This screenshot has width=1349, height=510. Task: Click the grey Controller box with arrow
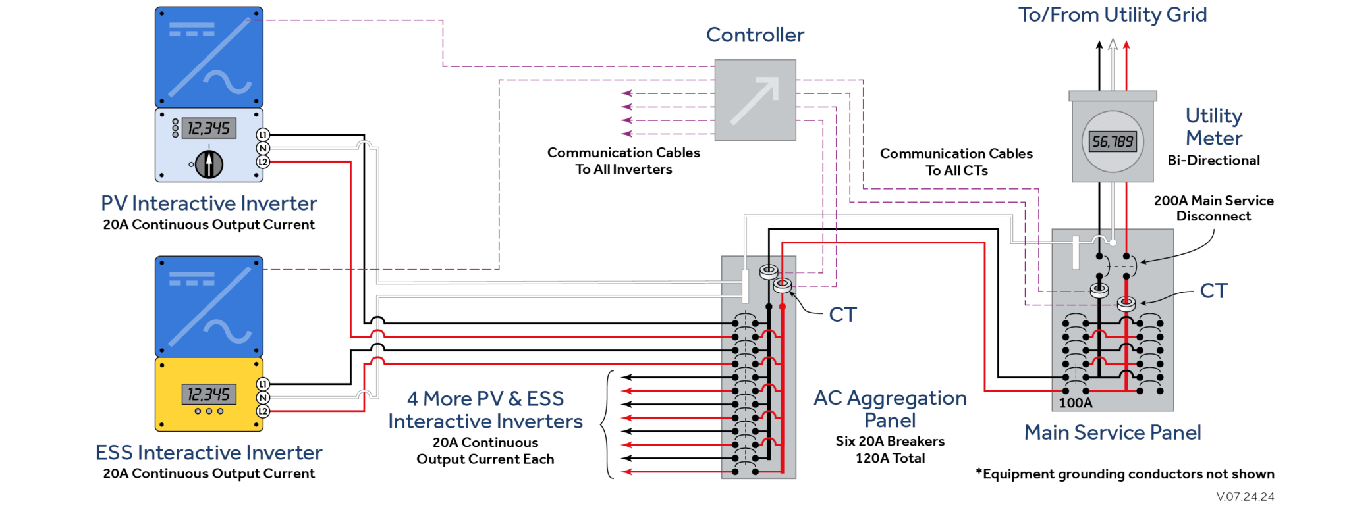[x=755, y=100]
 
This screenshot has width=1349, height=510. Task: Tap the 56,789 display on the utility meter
[x=1113, y=141]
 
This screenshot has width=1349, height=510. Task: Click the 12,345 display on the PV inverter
[x=209, y=128]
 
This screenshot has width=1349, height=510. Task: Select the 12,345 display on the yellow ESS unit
[x=208, y=394]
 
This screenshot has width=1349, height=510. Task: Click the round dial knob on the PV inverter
[x=209, y=164]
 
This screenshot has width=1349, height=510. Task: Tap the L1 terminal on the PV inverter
[x=263, y=135]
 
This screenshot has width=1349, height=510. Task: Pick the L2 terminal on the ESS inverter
[x=263, y=411]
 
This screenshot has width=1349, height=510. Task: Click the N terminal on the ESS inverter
[x=263, y=397]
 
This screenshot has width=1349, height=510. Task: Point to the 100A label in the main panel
[x=1075, y=403]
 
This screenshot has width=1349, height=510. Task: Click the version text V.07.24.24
[x=1245, y=497]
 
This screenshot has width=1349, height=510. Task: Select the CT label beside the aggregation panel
[x=842, y=315]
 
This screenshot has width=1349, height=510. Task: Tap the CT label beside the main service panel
[x=1213, y=291]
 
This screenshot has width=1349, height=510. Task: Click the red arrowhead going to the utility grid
[x=1126, y=45]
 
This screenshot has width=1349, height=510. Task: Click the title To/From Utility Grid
[x=1113, y=14]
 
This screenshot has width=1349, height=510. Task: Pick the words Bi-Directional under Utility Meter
[x=1213, y=161]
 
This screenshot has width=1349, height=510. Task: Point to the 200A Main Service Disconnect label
[x=1213, y=208]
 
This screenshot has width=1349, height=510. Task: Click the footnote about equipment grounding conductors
[x=1124, y=474]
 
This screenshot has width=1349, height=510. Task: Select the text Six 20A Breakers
[x=890, y=441]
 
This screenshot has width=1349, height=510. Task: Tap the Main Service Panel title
[x=1113, y=432]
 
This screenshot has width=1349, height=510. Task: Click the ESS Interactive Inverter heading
[x=209, y=453]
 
